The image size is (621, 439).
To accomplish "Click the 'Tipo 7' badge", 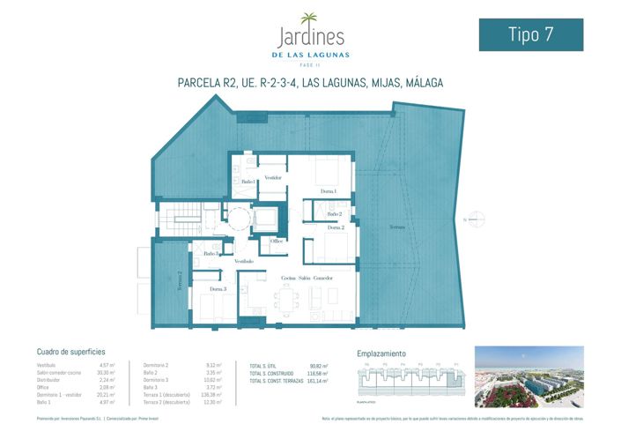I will [530, 34].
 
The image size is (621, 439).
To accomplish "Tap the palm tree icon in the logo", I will [310, 19].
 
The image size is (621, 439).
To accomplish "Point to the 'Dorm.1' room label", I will [329, 191].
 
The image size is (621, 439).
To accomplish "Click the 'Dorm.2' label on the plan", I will [335, 227].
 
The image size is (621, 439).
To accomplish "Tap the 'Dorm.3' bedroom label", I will [218, 288].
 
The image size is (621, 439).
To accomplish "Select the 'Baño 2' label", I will [334, 213].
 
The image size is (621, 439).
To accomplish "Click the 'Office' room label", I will [277, 241].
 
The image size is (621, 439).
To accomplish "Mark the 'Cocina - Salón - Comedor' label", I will [302, 278].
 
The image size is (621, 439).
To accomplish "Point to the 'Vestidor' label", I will [273, 177].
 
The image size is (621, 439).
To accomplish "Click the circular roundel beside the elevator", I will [236, 215].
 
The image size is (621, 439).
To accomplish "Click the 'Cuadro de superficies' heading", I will [71, 351].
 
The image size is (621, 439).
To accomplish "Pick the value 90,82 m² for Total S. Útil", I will [319, 366].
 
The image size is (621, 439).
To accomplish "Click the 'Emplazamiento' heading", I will [381, 352].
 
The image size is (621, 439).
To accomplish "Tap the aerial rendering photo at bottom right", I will [529, 376].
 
